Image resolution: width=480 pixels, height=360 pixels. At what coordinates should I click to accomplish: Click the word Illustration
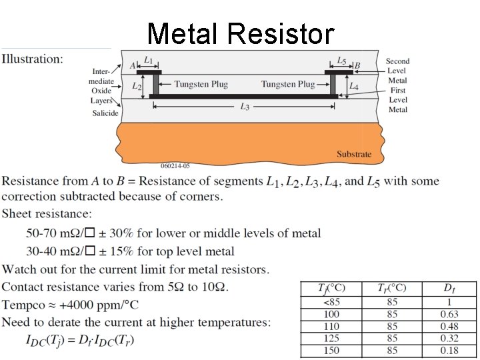33,59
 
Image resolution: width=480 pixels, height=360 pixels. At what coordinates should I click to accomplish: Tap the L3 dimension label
245,107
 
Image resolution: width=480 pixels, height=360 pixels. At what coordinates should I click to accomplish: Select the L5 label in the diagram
341,61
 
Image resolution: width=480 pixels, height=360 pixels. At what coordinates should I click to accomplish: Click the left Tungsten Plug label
201,84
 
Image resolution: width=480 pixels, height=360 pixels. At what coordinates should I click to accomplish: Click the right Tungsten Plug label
288,84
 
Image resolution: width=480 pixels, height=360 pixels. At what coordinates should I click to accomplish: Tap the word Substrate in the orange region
354,154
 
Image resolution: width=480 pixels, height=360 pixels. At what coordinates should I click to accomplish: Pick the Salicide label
105,113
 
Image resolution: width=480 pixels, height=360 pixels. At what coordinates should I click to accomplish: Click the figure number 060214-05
175,165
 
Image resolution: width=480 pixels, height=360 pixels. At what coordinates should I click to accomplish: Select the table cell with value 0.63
449,314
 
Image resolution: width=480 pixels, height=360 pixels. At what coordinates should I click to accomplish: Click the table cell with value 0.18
449,350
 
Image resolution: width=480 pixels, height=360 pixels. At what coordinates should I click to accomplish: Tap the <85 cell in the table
331,302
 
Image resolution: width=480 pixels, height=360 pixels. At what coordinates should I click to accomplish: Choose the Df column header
449,288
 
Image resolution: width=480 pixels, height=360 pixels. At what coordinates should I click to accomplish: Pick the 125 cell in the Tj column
331,338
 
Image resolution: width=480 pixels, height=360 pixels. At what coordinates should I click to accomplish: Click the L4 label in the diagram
354,87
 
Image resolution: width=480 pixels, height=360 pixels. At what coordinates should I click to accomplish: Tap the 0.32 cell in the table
449,338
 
